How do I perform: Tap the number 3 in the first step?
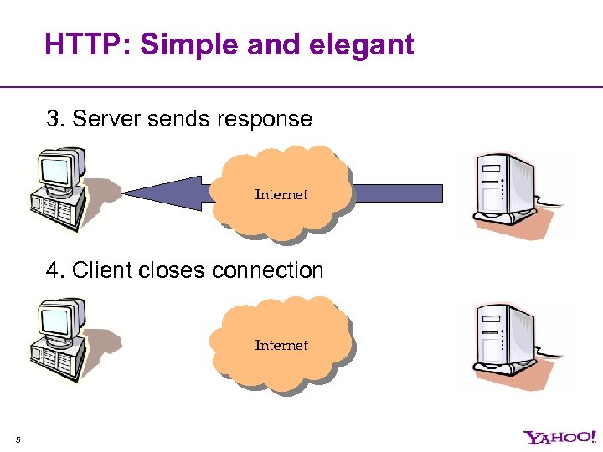pos(54,119)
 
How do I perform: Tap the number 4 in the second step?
pos(54,270)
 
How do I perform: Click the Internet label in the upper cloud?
pos(281,194)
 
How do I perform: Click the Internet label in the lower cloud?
pos(281,345)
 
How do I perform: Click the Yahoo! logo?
pos(559,437)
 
